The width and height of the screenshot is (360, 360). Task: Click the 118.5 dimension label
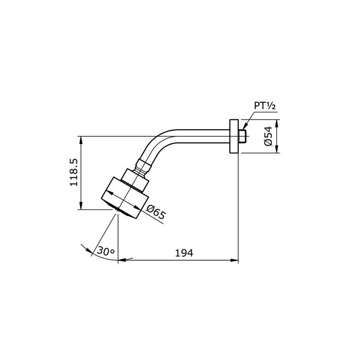(75, 172)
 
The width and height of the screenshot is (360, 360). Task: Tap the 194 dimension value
(184, 253)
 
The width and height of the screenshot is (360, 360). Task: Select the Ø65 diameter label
(156, 212)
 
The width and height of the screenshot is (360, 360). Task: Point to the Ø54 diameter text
(268, 136)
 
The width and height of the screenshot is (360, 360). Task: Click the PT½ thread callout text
(265, 106)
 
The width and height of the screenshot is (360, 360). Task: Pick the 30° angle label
(105, 251)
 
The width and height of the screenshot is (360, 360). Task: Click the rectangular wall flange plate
(234, 136)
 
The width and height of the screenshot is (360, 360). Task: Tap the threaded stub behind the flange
(242, 136)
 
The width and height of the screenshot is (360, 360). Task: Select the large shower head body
(125, 198)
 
